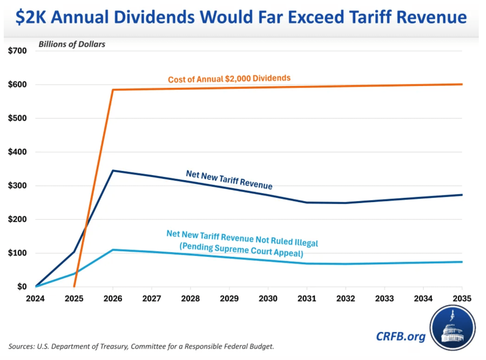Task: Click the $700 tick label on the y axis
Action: (17, 51)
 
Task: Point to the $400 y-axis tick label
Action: (17, 152)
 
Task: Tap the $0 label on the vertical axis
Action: (22, 286)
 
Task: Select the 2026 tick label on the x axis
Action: (113, 299)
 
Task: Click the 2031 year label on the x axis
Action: (307, 299)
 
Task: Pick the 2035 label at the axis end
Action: (462, 299)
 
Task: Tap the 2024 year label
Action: (35, 299)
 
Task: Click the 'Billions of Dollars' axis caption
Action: (72, 44)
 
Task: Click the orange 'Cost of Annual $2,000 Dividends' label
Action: (229, 79)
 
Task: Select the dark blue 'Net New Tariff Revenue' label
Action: (229, 180)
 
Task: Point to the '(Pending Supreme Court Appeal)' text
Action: (241, 250)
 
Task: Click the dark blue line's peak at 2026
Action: (113, 171)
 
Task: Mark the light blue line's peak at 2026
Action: (113, 250)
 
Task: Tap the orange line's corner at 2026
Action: (113, 90)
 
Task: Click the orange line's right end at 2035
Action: (462, 84)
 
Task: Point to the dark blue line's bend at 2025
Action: (74, 252)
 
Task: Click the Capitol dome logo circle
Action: (453, 328)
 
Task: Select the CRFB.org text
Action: (401, 336)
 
